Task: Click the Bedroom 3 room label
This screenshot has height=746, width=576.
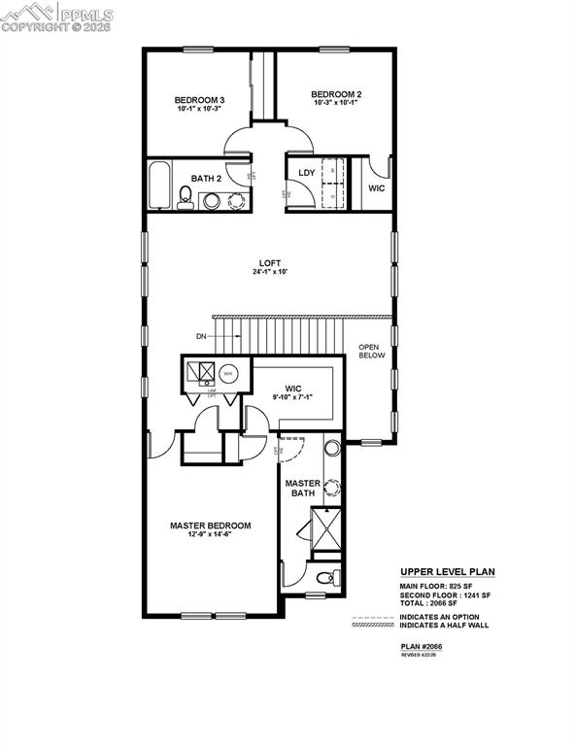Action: tap(200, 100)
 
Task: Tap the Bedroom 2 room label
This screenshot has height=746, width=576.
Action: tap(336, 94)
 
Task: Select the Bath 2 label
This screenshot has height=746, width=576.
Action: tap(206, 179)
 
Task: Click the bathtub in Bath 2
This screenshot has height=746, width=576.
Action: tap(160, 186)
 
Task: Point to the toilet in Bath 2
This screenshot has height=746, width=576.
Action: tap(186, 200)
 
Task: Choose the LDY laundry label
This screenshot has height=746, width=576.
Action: tap(306, 174)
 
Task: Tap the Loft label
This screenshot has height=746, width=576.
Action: tap(270, 261)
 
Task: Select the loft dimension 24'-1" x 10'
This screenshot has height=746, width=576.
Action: tap(270, 272)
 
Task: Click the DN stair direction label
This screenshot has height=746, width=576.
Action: tap(201, 336)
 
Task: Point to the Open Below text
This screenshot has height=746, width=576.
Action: tap(372, 352)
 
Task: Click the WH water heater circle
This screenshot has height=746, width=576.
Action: tap(228, 371)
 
